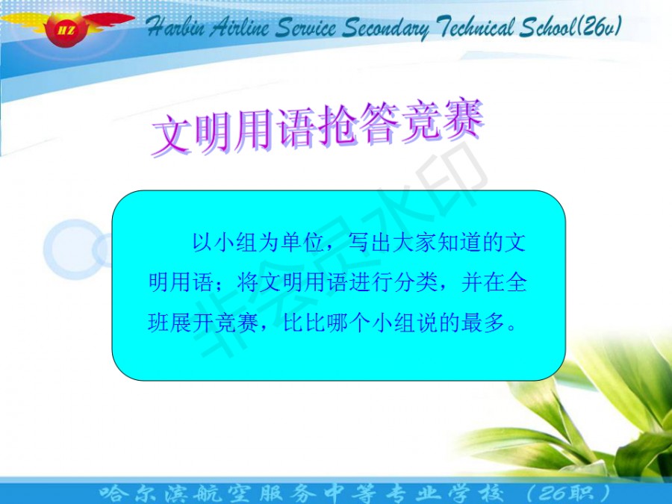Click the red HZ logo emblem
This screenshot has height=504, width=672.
[67, 28]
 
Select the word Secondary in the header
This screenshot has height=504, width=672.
[385, 28]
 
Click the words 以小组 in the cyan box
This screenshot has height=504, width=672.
[225, 243]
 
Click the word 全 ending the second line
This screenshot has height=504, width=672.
[516, 282]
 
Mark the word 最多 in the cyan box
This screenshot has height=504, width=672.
[483, 323]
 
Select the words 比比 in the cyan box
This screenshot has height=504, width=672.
[304, 323]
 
